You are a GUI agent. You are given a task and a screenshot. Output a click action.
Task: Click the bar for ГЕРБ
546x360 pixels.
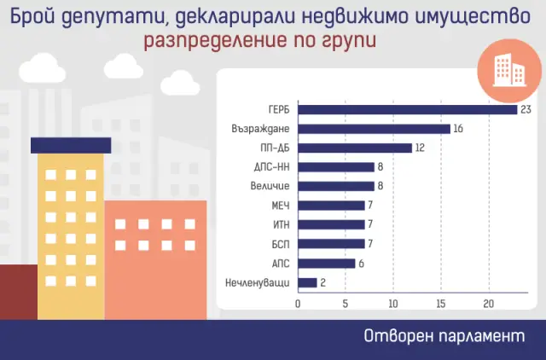[408, 109]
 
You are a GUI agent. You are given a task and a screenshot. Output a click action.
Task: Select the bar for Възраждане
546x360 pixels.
[374, 129]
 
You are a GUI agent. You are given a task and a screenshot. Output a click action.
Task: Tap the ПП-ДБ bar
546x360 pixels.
[355, 148]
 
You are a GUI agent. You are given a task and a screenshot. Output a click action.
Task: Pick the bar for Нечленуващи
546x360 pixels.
[307, 282]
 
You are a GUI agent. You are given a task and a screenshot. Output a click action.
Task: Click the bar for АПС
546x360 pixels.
[326, 263]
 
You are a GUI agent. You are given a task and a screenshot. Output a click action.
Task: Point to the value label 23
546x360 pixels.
[526, 109]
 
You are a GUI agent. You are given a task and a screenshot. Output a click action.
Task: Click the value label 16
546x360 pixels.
[459, 129]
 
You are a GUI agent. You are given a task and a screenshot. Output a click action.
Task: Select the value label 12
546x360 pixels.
[421, 148]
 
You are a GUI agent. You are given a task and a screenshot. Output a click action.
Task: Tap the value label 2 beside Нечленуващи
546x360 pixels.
[323, 282]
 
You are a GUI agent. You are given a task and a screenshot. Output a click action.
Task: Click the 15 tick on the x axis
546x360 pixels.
[440, 304]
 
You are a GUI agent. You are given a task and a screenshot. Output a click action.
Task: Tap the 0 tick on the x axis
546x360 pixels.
[298, 304]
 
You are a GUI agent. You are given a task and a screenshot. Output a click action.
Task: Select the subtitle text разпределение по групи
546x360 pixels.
[258, 40]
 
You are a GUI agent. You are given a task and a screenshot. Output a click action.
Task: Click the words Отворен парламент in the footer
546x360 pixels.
[443, 336]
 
